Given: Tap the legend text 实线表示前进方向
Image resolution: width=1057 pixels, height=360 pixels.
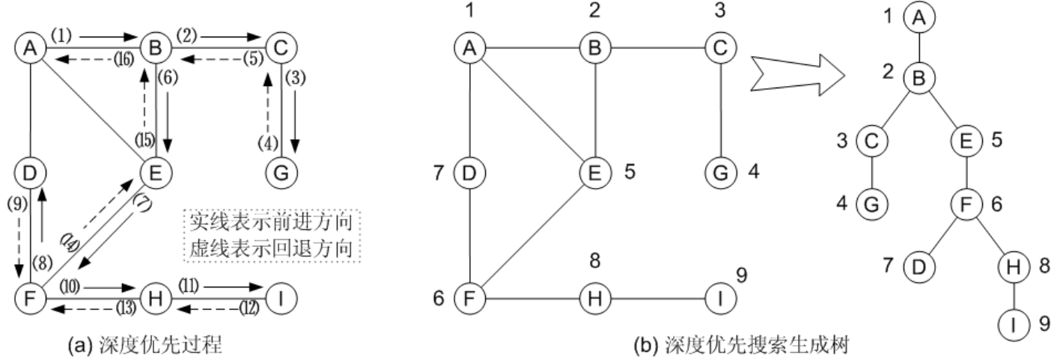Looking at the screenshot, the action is pyautogui.click(x=273, y=222).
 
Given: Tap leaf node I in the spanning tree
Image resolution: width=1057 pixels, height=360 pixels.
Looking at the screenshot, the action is pyautogui.click(x=1013, y=324).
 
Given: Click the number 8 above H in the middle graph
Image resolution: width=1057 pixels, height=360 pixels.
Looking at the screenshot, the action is pyautogui.click(x=594, y=263).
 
